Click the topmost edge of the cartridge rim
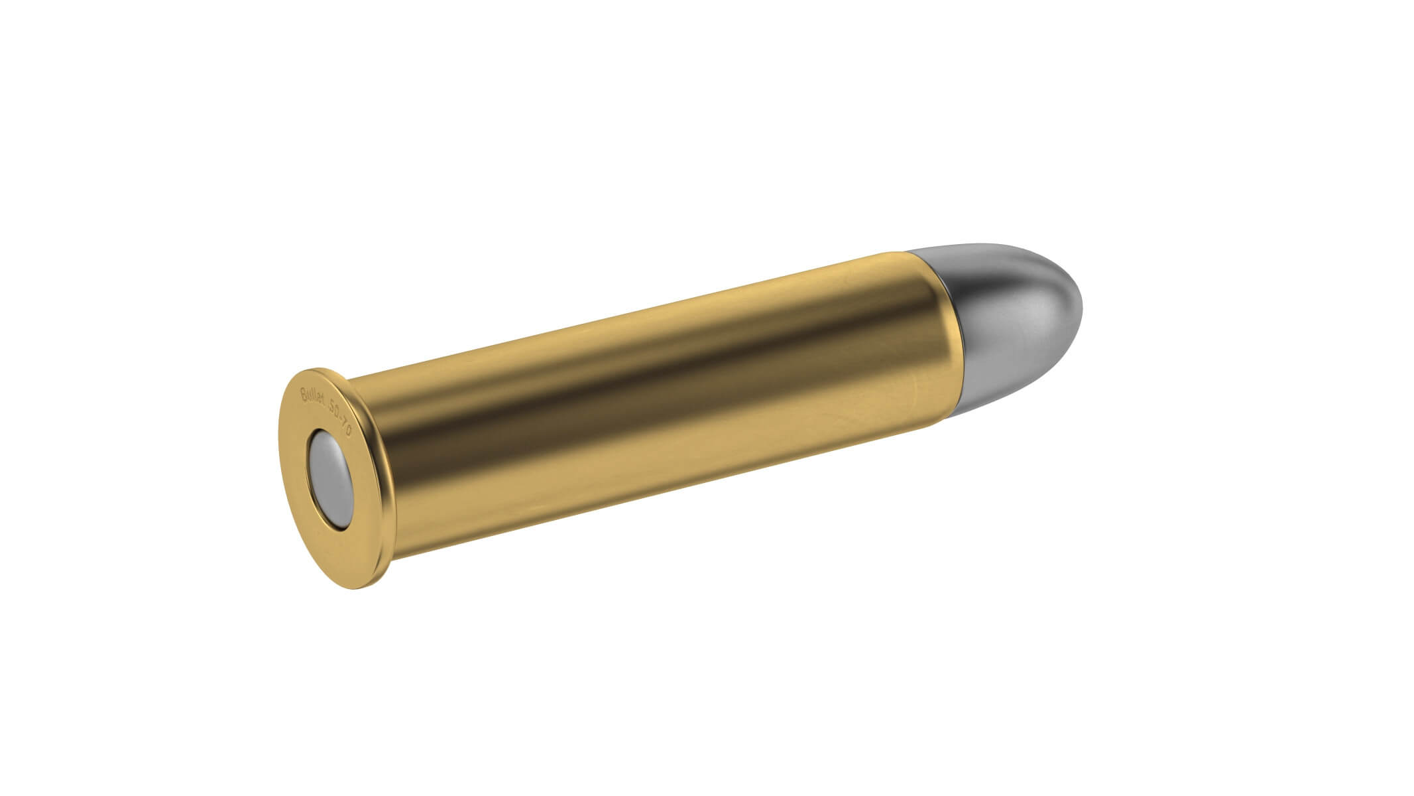click(x=312, y=369)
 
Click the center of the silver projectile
click(x=1014, y=318)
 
